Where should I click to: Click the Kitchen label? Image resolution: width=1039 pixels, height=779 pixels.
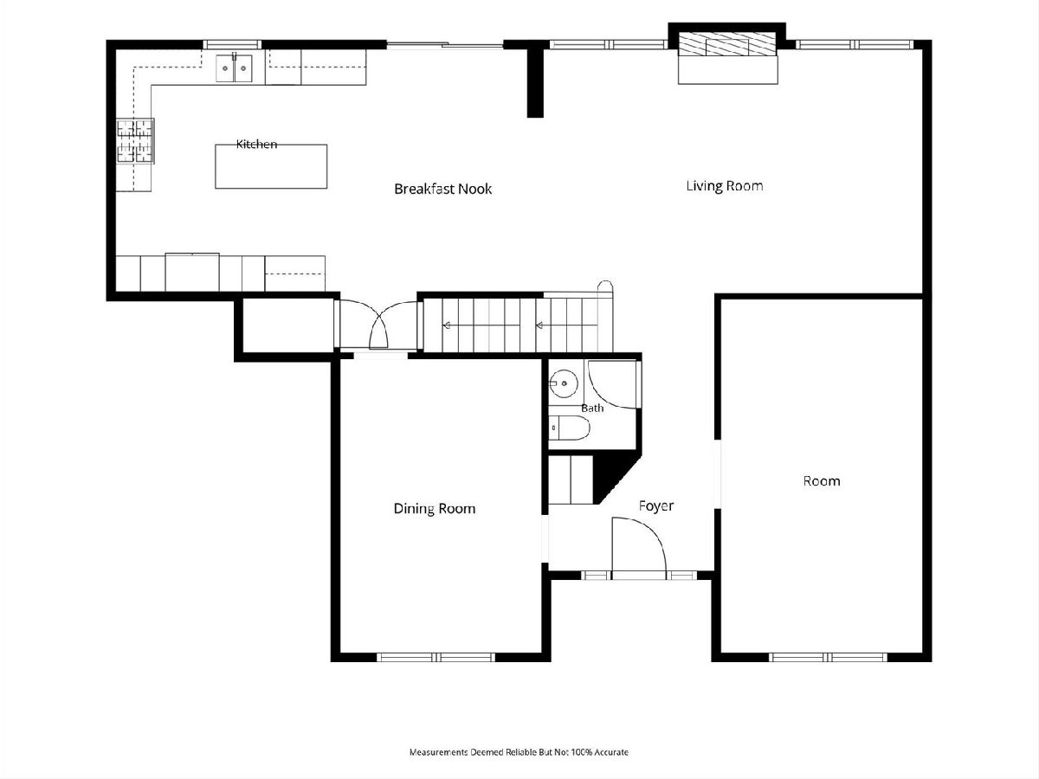(x=256, y=144)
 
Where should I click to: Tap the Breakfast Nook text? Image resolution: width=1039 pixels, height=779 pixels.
(x=443, y=189)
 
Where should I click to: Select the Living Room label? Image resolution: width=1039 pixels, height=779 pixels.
(x=724, y=186)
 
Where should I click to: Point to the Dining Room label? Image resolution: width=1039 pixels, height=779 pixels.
(x=435, y=508)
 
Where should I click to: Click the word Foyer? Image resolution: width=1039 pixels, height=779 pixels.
(x=656, y=506)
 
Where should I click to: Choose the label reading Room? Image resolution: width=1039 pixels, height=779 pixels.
(x=822, y=481)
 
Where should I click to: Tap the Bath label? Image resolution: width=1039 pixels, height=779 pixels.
(x=592, y=408)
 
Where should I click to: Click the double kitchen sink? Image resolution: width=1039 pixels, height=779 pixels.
(x=235, y=68)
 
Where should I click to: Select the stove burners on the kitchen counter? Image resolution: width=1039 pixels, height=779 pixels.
(x=135, y=141)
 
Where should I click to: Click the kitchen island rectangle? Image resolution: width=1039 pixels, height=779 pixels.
(x=271, y=166)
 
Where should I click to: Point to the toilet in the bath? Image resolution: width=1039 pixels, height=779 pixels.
(x=570, y=428)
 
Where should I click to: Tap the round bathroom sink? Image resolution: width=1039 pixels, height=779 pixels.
(x=564, y=383)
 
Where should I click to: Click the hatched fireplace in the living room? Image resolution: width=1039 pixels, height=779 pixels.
(x=728, y=44)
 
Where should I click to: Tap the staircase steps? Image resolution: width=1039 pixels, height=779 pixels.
(x=518, y=325)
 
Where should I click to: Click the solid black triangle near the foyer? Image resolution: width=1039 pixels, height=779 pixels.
(x=613, y=475)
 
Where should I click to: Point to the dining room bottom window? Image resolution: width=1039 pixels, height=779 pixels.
(x=436, y=657)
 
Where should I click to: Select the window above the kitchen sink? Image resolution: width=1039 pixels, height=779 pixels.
(x=232, y=44)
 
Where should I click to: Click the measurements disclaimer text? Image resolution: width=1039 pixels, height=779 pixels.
(x=519, y=751)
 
